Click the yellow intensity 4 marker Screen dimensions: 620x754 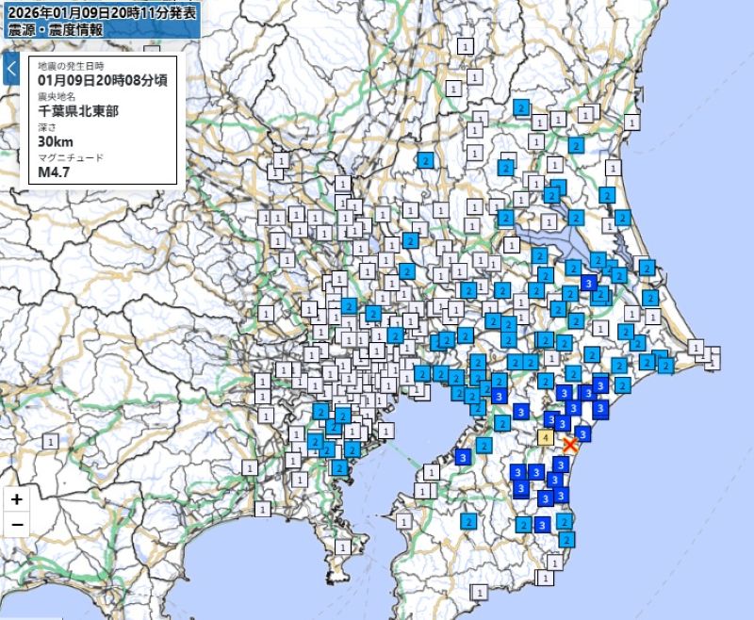tap(546, 436)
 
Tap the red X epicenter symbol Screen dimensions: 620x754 tap(569, 445)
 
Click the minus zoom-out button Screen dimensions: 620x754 tap(17, 525)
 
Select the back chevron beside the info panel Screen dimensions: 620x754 tap(12, 69)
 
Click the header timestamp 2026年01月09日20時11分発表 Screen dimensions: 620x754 tap(102, 12)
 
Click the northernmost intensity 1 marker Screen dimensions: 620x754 tap(465, 44)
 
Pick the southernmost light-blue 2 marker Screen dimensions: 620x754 tap(566, 539)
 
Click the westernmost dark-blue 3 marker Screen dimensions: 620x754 tap(462, 456)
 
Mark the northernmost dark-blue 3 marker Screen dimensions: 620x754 tap(589, 282)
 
